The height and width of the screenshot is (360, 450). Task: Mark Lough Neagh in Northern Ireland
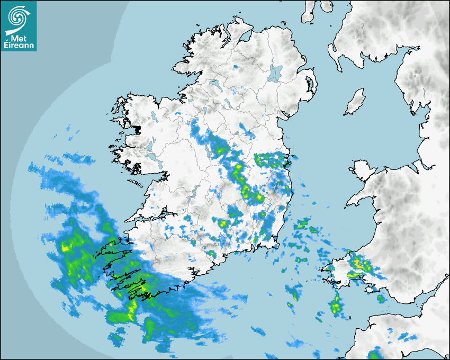[275, 73]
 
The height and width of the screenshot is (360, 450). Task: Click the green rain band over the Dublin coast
[270, 159]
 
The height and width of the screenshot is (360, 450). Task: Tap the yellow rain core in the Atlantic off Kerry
[66, 247]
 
